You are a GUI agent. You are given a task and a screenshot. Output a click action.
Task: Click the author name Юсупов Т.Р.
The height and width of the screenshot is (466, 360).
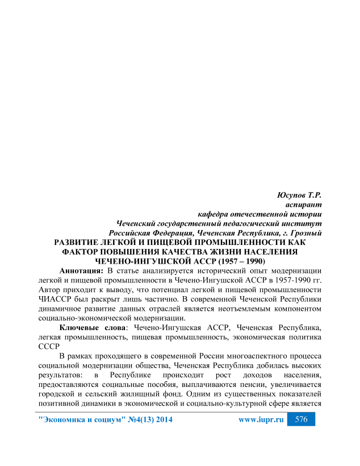click(300, 195)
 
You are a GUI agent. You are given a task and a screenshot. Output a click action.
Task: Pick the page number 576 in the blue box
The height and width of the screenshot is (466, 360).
click(302, 419)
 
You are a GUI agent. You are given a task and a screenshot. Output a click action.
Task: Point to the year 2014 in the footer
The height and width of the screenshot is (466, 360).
click(161, 420)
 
